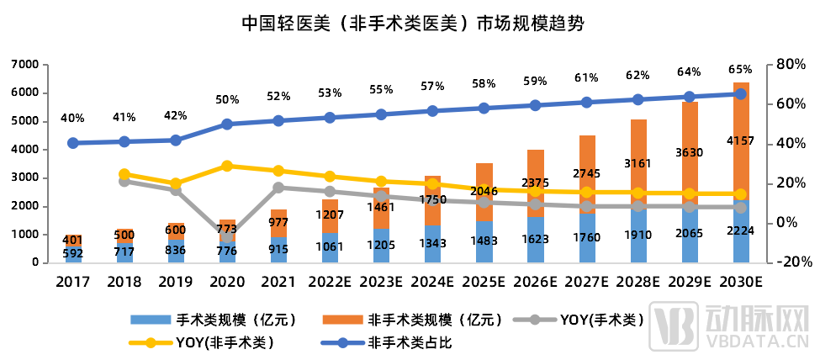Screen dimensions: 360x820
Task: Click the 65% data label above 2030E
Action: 740,69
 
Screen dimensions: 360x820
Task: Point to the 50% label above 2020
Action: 227,99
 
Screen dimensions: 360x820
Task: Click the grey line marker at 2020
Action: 227,236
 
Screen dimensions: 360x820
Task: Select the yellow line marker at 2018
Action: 124,174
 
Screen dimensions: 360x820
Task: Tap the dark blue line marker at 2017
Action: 73,143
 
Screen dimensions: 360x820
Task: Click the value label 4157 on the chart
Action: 740,140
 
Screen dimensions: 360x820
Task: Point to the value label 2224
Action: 740,238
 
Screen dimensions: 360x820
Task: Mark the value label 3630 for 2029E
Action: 689,152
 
